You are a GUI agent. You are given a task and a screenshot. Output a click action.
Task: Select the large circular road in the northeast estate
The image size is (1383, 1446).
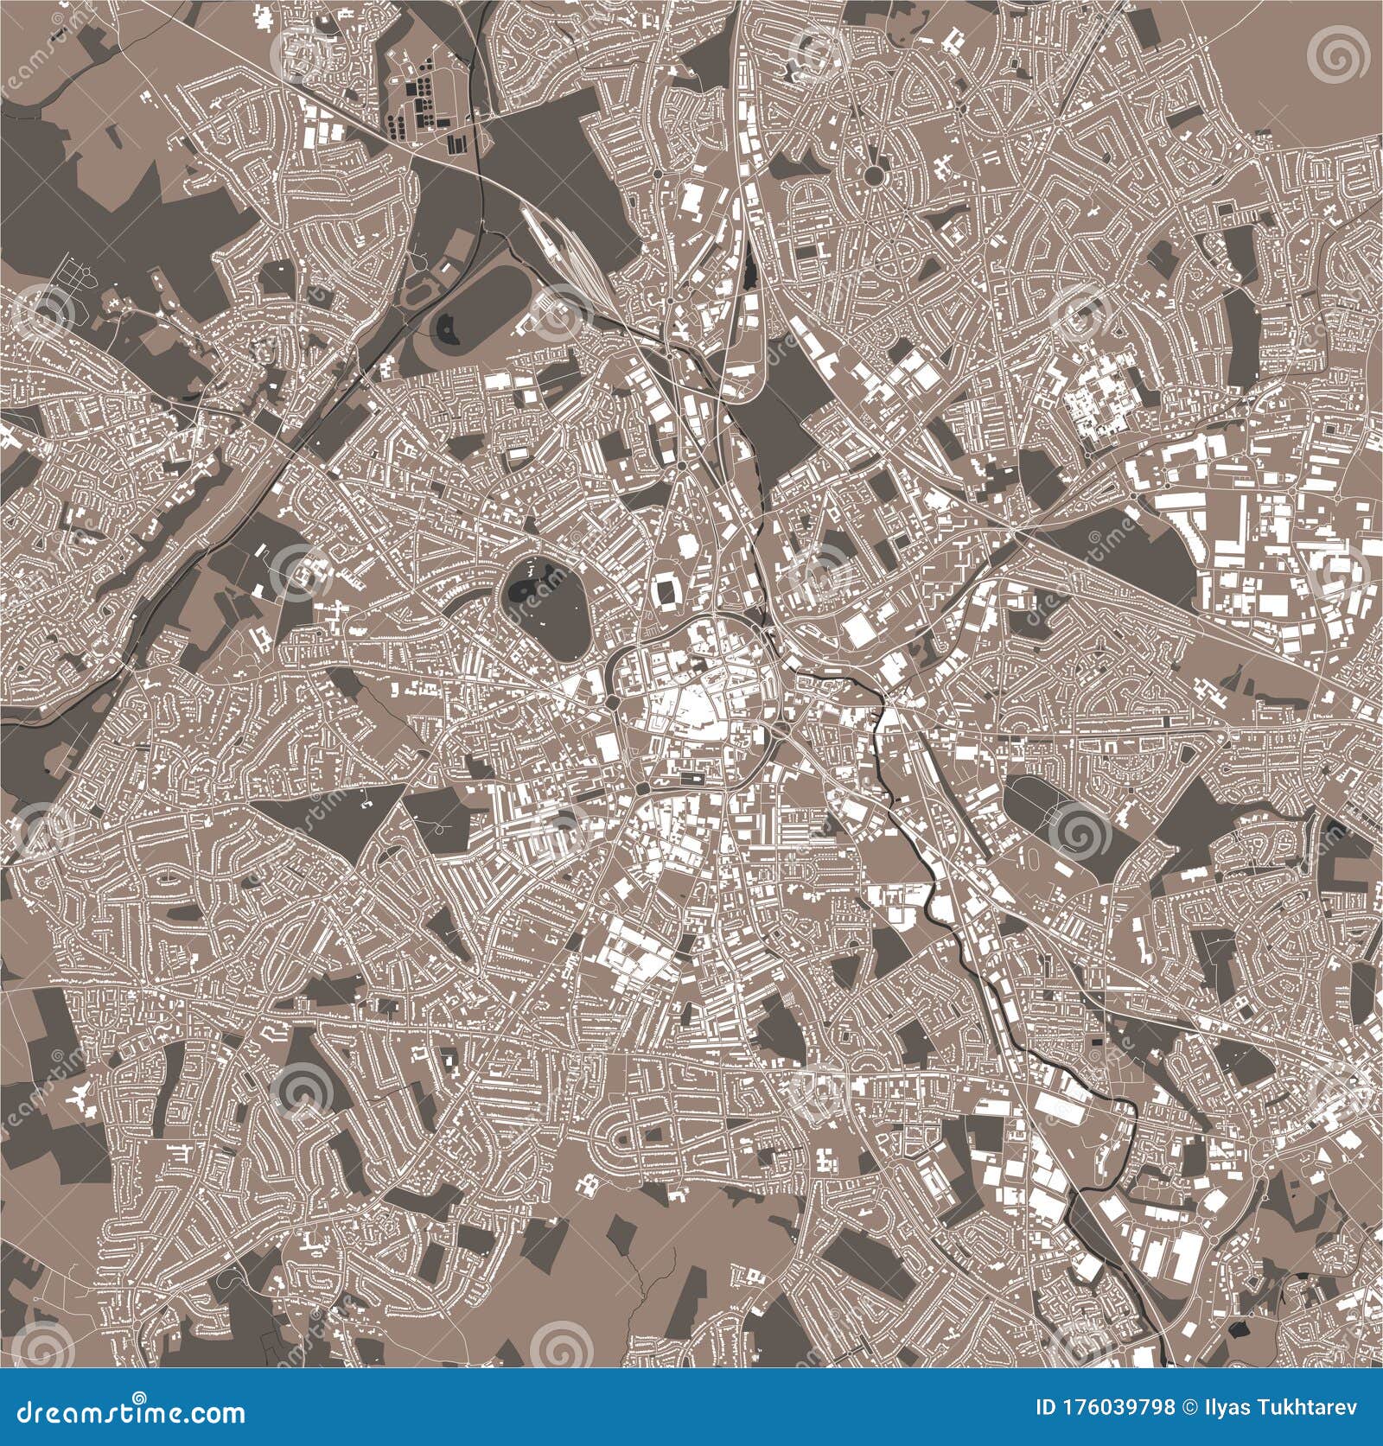pos(875,175)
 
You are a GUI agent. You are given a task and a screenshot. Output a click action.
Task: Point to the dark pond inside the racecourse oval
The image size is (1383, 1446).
pos(451,326)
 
